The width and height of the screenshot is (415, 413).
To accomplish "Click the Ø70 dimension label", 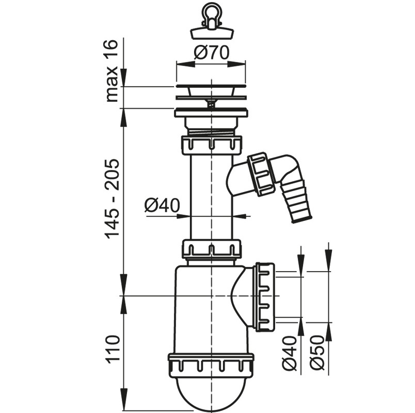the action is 211,53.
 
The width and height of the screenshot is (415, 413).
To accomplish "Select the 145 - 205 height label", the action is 110,199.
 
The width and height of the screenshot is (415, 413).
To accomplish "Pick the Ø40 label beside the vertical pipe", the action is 162,205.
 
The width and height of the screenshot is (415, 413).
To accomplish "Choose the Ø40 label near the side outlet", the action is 289,353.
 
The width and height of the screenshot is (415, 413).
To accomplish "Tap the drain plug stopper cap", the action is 212,34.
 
